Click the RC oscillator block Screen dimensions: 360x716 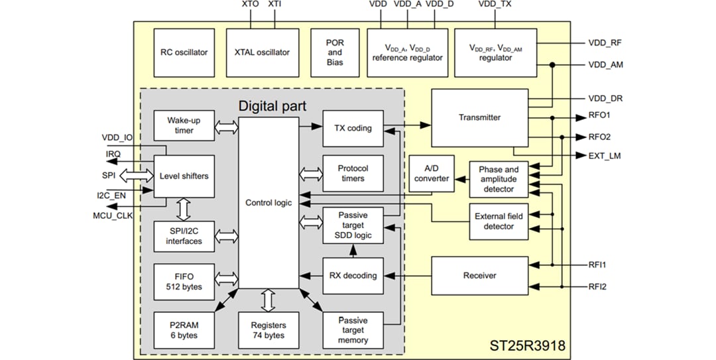[x=184, y=52]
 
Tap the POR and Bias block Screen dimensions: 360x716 [x=335, y=52]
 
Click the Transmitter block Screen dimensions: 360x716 [x=479, y=117]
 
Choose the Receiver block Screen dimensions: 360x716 [x=479, y=275]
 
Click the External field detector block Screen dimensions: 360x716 [x=499, y=221]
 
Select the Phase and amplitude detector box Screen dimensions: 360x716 [x=499, y=179]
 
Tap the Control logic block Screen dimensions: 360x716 [x=268, y=203]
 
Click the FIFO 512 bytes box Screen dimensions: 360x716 [x=184, y=282]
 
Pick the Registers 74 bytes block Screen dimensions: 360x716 [x=268, y=330]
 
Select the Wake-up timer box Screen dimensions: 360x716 [x=184, y=125]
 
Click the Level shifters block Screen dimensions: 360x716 [x=184, y=176]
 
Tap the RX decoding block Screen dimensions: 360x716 [x=353, y=276]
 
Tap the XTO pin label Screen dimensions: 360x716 [x=250, y=5]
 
